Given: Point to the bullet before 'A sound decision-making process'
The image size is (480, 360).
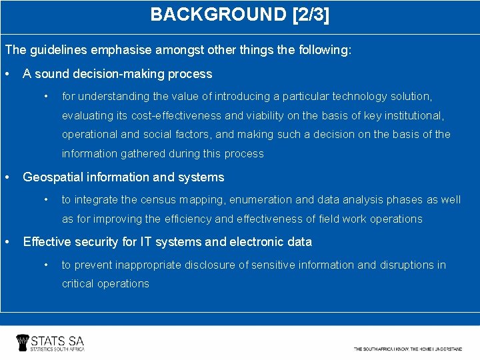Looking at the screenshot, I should click(x=7, y=74).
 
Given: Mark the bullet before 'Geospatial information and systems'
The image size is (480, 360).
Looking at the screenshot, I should click(x=7, y=177).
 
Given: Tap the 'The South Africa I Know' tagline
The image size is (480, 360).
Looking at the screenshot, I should click(x=408, y=349).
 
